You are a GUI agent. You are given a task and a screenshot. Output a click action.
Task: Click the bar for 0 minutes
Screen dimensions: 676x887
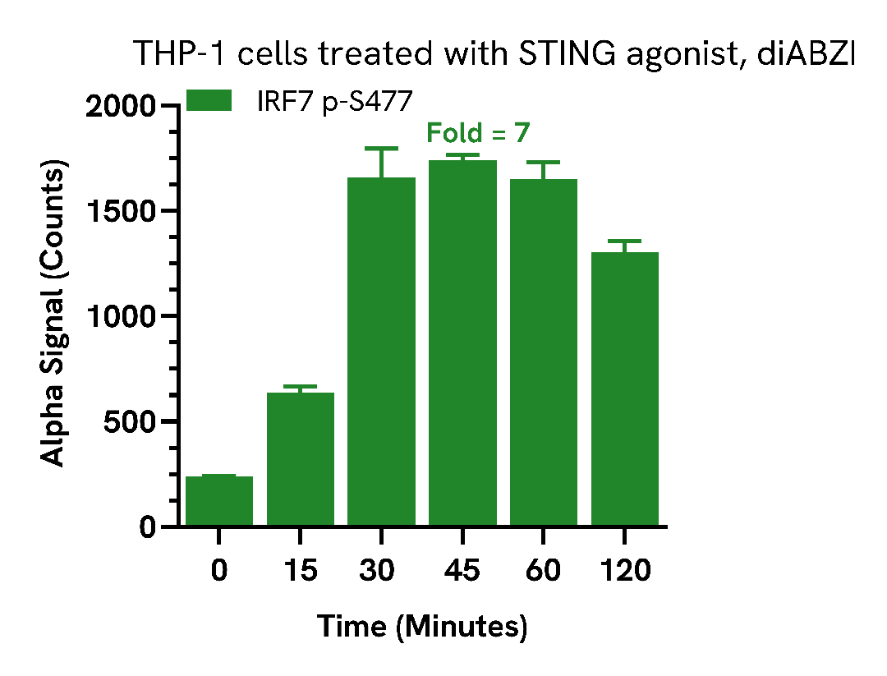click(219, 500)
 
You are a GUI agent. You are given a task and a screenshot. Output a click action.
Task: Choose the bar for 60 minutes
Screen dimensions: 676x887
click(543, 352)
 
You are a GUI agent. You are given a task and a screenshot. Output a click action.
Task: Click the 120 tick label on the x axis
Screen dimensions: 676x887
click(624, 570)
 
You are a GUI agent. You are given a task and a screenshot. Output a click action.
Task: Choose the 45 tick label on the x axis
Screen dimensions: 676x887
click(462, 570)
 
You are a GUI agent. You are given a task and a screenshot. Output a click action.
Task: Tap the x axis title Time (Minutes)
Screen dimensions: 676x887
click(422, 628)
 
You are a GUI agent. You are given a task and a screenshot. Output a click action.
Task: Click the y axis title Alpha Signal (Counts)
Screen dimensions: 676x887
click(53, 316)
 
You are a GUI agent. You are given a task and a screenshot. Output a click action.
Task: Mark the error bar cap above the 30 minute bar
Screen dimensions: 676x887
click(381, 149)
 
